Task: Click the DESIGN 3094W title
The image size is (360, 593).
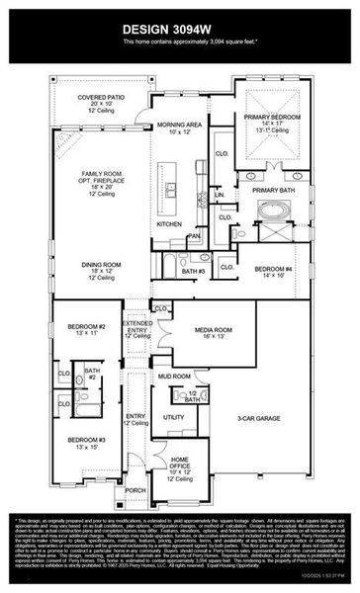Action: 179,29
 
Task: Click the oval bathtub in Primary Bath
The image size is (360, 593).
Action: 272,210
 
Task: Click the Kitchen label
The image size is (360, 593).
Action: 169,224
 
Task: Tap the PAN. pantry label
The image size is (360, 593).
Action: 195,236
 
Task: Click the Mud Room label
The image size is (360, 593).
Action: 173,377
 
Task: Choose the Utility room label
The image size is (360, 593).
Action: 173,417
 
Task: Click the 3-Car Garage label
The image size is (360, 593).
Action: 257,419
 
